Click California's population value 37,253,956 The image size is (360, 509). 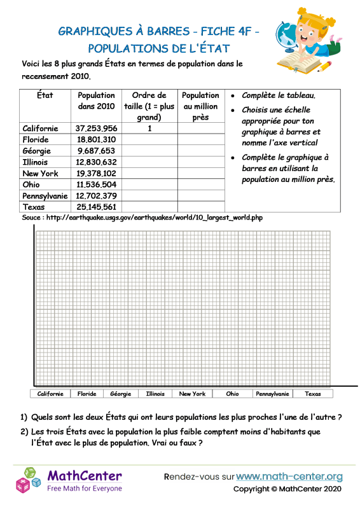click(x=96, y=128)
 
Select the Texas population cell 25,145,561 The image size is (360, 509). click(x=96, y=207)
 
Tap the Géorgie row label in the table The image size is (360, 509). click(x=37, y=151)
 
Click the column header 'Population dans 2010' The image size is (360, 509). click(x=96, y=101)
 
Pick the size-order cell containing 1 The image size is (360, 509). click(x=149, y=128)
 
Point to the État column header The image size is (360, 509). click(x=45, y=95)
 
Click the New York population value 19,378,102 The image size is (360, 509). click(x=96, y=173)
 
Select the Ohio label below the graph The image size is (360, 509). click(x=232, y=394)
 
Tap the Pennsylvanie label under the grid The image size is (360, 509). click(x=272, y=394)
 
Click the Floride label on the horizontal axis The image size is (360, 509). click(x=87, y=394)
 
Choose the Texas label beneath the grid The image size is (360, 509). click(x=313, y=394)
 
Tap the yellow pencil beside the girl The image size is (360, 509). click(x=325, y=66)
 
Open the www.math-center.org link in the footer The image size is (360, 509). click(x=289, y=477)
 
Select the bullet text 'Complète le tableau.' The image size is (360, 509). click(x=279, y=95)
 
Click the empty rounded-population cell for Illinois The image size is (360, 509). click(x=200, y=162)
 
